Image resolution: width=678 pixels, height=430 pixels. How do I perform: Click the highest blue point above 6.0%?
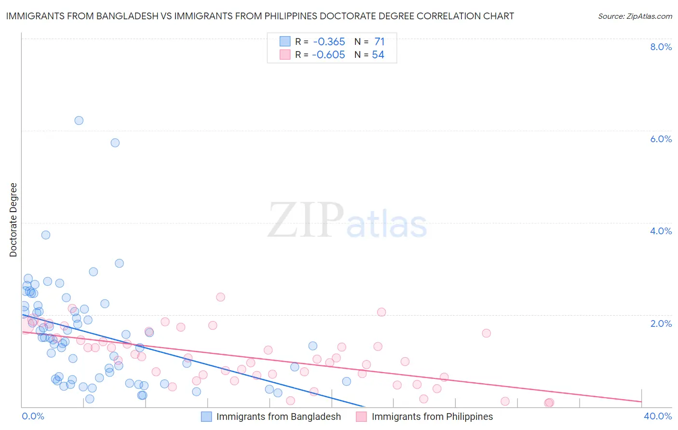[79, 121]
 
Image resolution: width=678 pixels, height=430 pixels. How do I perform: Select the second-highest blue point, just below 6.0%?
[115, 143]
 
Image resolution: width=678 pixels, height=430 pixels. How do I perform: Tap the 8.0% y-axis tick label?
[661, 47]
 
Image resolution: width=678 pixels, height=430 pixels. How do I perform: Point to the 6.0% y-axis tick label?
[661, 139]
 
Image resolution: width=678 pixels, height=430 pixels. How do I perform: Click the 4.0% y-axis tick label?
[661, 231]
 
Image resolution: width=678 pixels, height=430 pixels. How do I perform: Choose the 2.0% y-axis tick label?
[661, 323]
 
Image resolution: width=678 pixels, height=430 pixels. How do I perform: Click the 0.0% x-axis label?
[33, 416]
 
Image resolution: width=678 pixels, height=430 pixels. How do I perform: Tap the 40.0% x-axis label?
[657, 416]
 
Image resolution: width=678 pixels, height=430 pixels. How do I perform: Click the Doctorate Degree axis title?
[14, 220]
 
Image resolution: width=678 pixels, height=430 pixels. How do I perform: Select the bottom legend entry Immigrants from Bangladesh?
[278, 417]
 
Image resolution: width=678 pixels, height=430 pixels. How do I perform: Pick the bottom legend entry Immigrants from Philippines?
[432, 417]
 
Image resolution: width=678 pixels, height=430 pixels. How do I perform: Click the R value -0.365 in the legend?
[329, 42]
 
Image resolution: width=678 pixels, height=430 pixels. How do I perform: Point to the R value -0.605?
[329, 55]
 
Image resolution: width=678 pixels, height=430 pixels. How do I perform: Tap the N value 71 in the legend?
[380, 42]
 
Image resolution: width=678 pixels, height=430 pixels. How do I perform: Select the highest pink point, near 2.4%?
[220, 297]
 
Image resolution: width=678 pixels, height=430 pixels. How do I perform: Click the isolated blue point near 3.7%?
[46, 235]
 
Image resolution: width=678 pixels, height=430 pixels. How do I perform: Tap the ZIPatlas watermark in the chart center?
[347, 221]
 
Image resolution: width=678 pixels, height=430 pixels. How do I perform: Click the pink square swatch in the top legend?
[285, 54]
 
